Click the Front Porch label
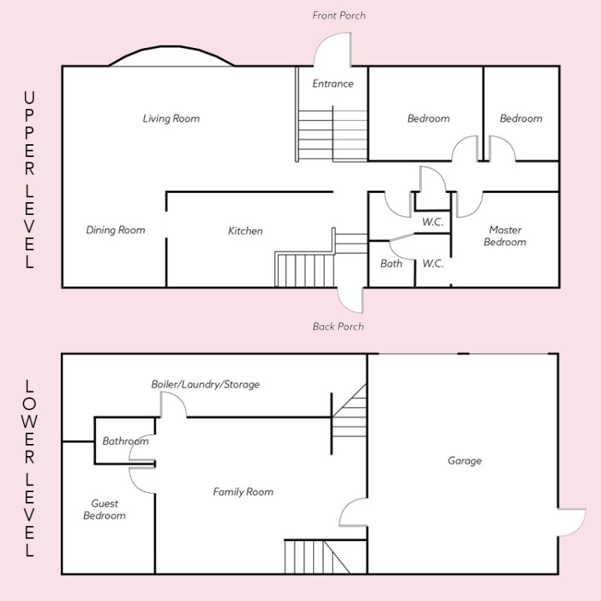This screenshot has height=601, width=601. click(x=339, y=16)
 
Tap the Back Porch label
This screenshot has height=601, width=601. click(x=338, y=327)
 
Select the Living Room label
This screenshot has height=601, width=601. click(x=171, y=119)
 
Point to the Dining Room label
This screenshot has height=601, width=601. click(x=116, y=230)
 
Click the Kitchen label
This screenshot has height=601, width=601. click(x=246, y=231)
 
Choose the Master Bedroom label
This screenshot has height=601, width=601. click(x=505, y=236)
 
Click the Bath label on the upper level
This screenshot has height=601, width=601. click(x=391, y=264)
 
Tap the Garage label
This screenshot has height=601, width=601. click(x=464, y=461)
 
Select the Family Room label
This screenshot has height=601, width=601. click(x=243, y=492)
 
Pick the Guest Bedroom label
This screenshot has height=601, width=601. click(x=104, y=509)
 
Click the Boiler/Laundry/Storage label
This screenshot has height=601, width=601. click(x=205, y=385)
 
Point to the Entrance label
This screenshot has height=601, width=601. click(x=333, y=83)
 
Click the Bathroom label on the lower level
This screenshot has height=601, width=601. click(x=125, y=441)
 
